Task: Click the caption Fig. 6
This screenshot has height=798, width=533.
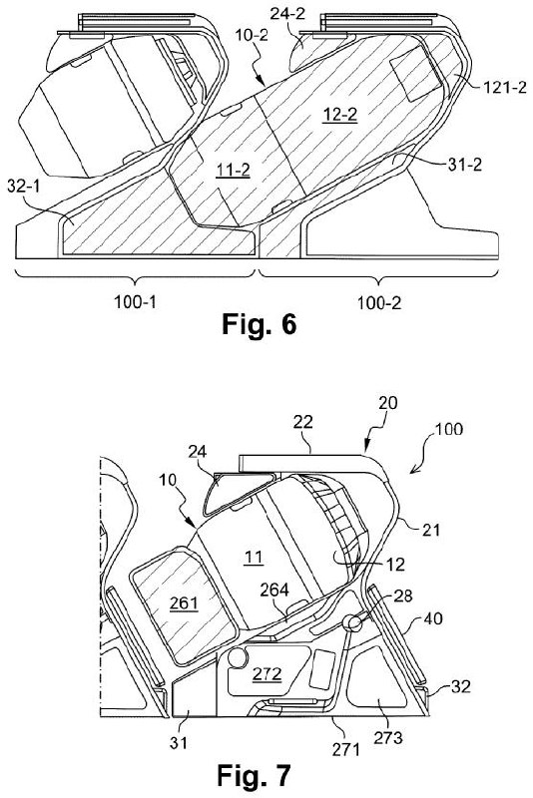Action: coord(259,324)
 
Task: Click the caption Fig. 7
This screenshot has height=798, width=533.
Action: coord(254,775)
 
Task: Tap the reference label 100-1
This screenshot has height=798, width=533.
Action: coord(135,302)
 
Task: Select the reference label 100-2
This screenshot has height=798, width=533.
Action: coord(379,303)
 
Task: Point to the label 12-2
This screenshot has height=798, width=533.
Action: coord(340,115)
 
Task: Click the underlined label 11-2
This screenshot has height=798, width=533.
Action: coord(233,170)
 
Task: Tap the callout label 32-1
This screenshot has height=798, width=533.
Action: coord(23,187)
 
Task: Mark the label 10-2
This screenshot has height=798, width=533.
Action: coord(252,36)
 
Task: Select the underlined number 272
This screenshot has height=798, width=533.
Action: coord(267,674)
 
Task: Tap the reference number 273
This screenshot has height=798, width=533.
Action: coord(388,737)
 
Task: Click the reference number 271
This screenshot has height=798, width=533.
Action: coord(346,749)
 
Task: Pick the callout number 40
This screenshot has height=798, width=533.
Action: coord(433,618)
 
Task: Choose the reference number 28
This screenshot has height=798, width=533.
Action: coord(402,596)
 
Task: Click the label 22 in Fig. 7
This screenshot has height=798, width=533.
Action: coord(302,422)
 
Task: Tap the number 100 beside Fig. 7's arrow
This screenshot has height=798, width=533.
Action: coord(449,429)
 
